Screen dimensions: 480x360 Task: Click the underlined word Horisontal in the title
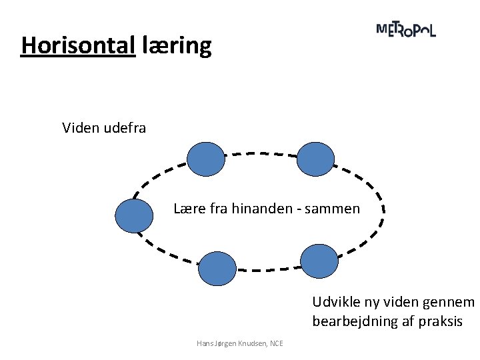[78, 45]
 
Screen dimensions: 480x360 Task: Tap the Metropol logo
[406, 30]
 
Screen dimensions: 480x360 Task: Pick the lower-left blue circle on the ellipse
[217, 269]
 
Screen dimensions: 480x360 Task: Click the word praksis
[440, 321]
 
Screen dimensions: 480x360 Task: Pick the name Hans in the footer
[204, 343]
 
